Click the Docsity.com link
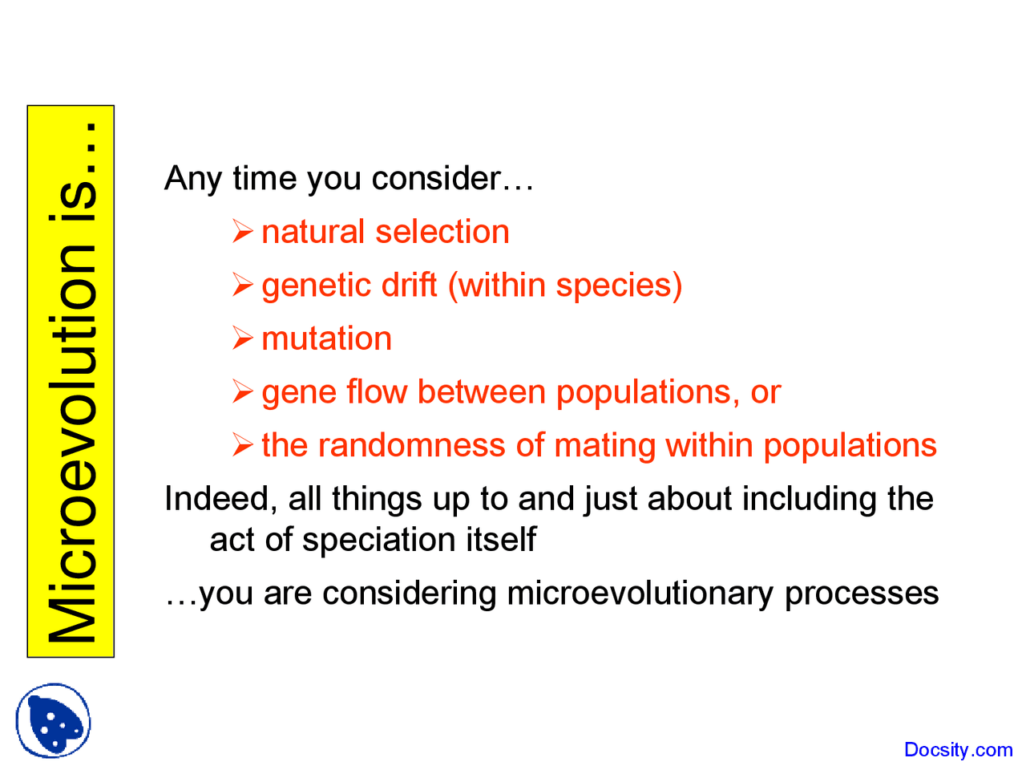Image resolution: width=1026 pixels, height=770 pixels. (x=958, y=750)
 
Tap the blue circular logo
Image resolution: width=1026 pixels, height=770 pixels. (x=54, y=720)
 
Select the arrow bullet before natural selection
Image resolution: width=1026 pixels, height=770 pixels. (x=242, y=232)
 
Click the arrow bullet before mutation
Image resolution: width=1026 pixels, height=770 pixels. (x=242, y=338)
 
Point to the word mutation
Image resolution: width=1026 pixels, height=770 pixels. (x=326, y=338)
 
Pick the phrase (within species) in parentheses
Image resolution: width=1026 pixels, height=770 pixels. (x=564, y=286)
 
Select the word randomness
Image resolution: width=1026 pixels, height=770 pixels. (x=412, y=445)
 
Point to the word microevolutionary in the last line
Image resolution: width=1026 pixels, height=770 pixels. (x=640, y=594)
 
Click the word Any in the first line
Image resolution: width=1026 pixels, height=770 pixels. (x=192, y=178)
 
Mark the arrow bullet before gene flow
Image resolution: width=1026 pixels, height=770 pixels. (x=242, y=392)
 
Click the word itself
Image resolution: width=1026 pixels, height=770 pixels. (x=504, y=540)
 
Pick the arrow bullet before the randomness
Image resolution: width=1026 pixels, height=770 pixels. (x=242, y=445)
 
